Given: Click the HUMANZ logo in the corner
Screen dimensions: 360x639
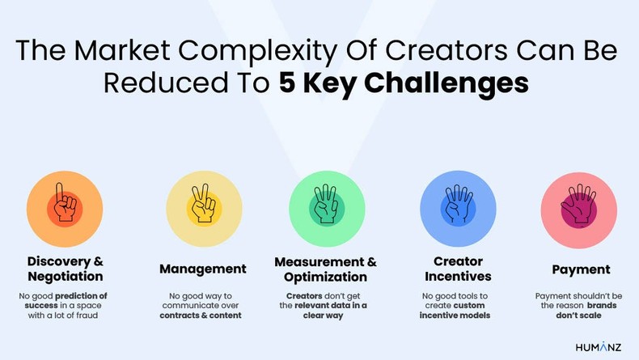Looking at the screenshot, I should click(x=599, y=346).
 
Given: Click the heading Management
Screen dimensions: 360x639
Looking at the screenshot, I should click(x=202, y=269).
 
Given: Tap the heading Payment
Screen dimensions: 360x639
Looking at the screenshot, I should click(x=581, y=269).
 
